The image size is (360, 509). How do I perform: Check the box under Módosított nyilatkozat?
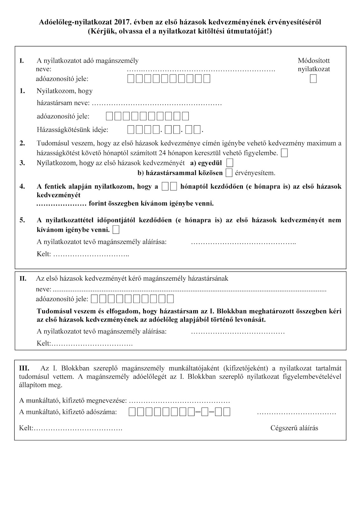(x=313, y=78)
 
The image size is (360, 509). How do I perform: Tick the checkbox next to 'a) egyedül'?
(x=229, y=163)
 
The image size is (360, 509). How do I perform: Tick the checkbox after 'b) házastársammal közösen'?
(x=229, y=173)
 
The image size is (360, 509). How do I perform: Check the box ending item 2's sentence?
(x=285, y=153)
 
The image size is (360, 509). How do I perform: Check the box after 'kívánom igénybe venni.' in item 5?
(x=116, y=229)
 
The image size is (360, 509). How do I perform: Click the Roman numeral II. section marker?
(x=23, y=279)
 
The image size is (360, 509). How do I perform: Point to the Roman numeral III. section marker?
(x=24, y=368)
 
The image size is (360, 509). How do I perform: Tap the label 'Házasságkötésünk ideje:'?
(x=73, y=130)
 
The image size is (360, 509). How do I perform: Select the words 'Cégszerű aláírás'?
(x=294, y=428)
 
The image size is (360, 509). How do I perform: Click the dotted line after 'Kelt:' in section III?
(x=78, y=428)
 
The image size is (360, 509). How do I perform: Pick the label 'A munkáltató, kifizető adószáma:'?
(x=68, y=412)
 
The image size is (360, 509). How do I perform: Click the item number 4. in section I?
(x=22, y=186)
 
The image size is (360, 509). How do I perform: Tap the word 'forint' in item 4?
(x=99, y=203)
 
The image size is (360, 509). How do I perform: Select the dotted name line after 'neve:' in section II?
(x=189, y=290)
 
